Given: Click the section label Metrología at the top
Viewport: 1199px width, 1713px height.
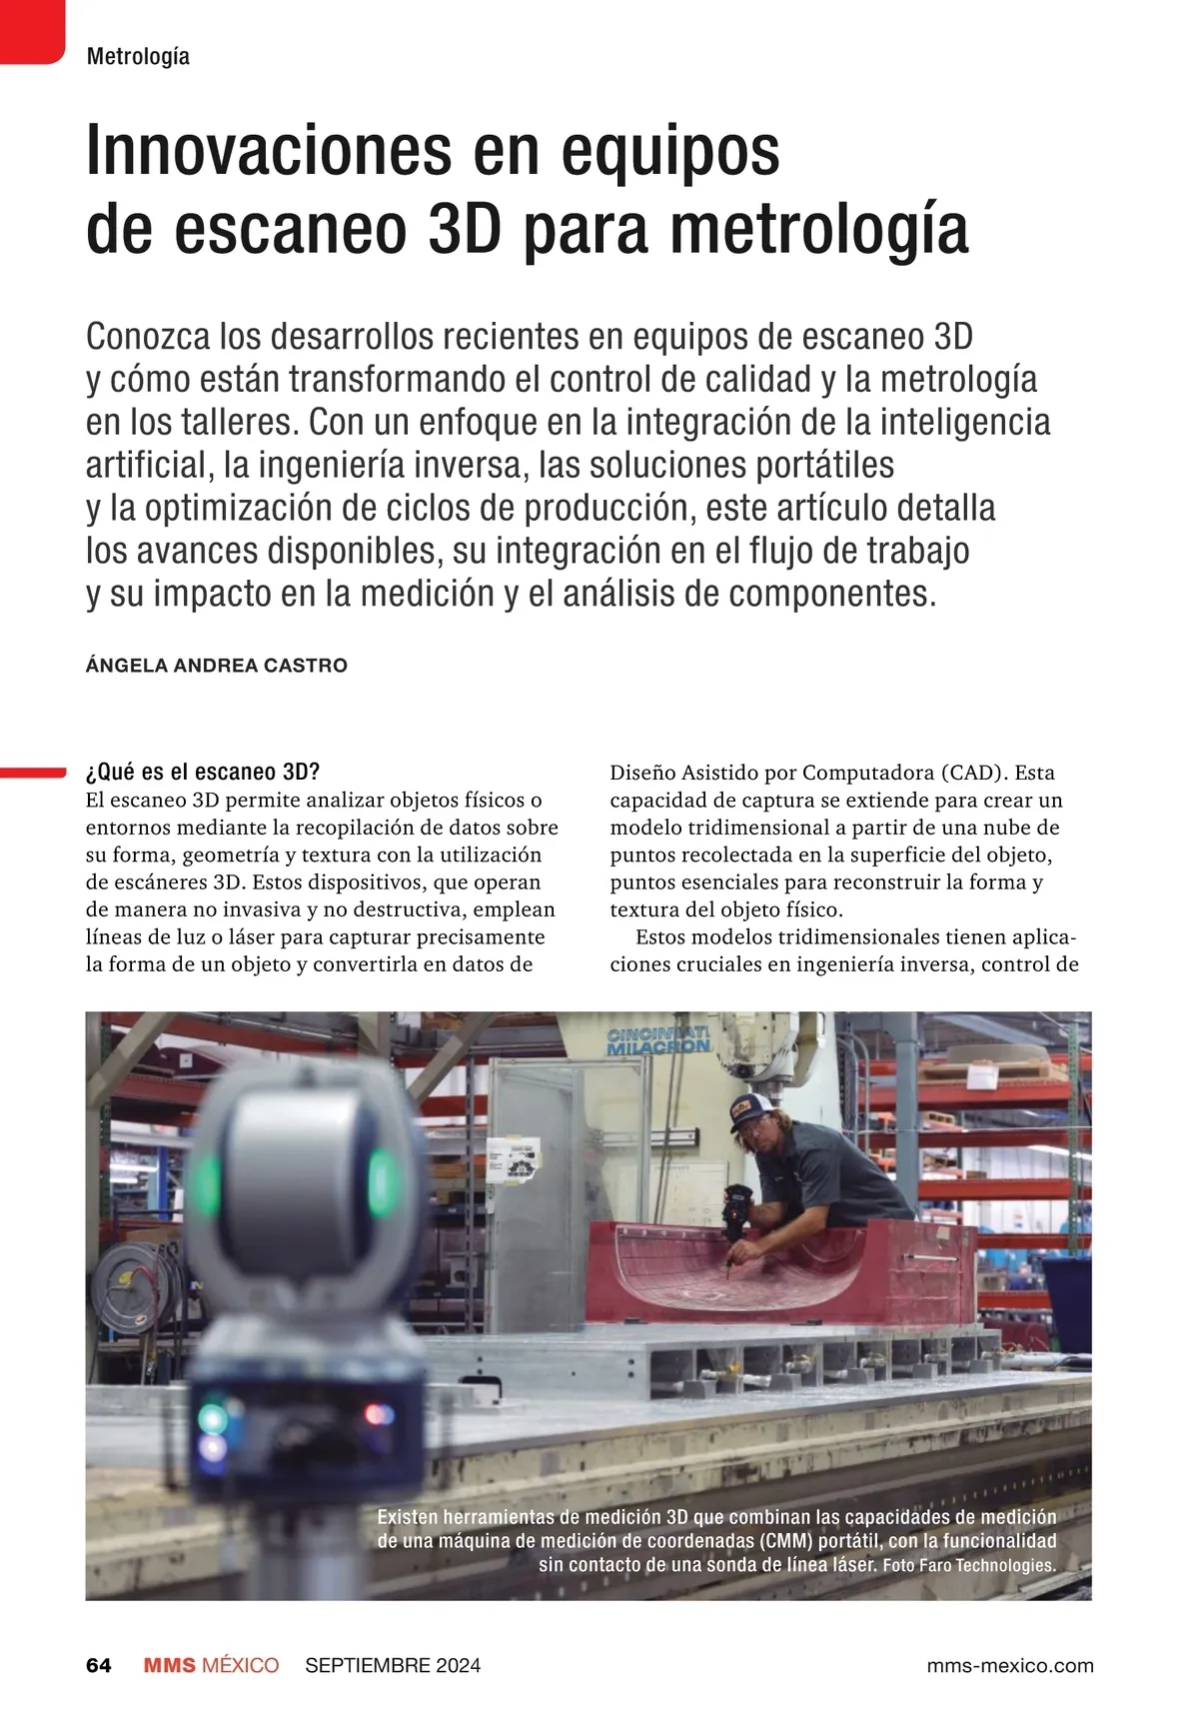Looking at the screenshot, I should (x=138, y=57).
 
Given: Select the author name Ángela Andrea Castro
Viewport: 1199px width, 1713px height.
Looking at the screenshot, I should (x=217, y=666).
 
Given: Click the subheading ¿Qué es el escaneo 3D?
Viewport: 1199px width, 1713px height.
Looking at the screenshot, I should (x=203, y=772).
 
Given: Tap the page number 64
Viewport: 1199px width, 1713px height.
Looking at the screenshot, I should (x=99, y=1665).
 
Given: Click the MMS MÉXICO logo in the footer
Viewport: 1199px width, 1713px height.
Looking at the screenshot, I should (x=211, y=1665).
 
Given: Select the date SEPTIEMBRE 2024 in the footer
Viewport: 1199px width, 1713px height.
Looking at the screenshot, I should (x=393, y=1665).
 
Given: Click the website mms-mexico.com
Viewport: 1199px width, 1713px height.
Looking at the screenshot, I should (x=1010, y=1665).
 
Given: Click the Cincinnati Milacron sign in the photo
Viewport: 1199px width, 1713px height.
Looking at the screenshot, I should (x=658, y=1039).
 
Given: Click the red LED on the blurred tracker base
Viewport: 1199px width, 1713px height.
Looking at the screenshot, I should (x=379, y=1413).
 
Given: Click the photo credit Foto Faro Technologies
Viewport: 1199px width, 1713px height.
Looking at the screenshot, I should (x=969, y=1565).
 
